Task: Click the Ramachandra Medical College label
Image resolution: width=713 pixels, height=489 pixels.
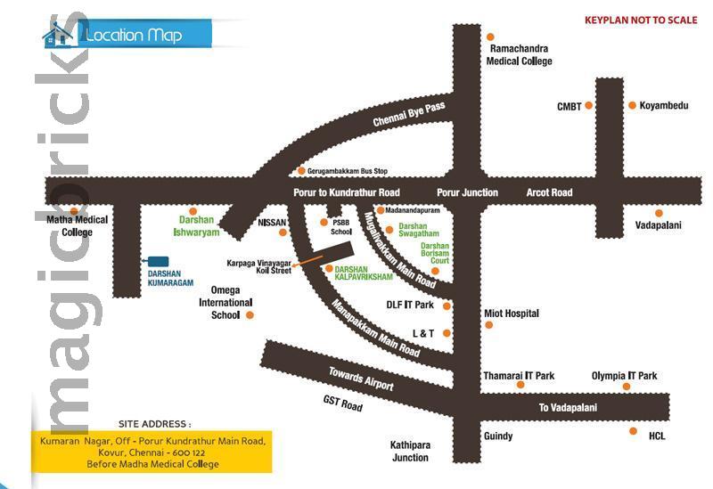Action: point(519,55)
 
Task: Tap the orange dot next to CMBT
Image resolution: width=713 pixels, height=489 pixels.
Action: point(588,106)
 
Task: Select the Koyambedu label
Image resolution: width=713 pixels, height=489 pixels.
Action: point(664,105)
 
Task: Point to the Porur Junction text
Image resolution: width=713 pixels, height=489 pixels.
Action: point(467,192)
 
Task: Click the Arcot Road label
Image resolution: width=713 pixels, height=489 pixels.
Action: point(549,192)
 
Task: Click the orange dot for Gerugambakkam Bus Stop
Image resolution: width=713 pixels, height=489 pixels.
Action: point(301,170)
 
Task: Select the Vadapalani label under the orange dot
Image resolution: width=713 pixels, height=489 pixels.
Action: point(659,225)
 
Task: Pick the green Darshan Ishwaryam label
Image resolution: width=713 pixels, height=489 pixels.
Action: point(193,224)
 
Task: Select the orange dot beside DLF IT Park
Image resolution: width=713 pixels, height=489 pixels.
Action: point(447,306)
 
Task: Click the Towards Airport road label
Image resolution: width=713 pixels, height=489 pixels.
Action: point(360,379)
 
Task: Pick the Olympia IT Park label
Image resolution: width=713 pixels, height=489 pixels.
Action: point(624,376)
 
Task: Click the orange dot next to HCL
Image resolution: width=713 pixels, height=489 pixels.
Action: point(633,431)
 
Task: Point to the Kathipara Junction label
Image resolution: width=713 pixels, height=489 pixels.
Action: point(409,451)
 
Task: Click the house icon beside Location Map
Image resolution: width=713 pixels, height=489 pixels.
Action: point(59,35)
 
